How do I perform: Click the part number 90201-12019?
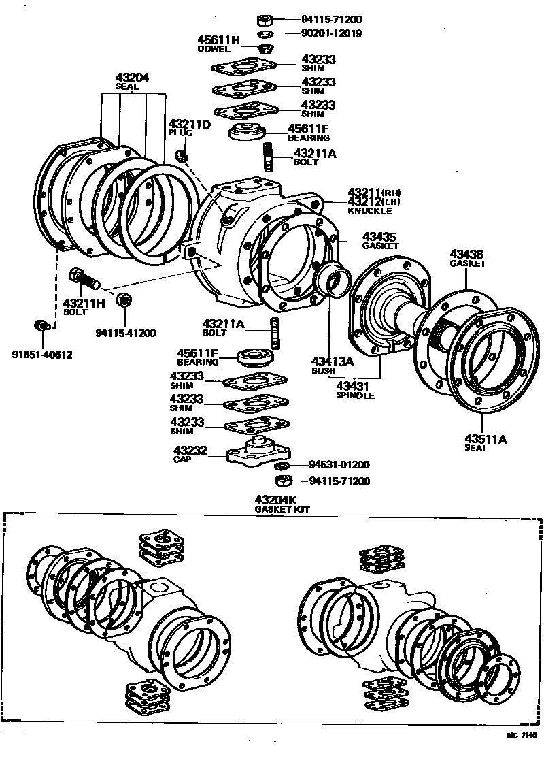click(333, 33)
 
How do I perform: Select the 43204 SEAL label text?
click(132, 82)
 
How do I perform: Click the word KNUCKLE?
click(367, 212)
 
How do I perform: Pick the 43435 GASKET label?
click(379, 241)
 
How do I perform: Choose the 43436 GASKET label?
click(467, 258)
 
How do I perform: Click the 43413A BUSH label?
click(333, 366)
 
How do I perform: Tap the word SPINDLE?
click(355, 395)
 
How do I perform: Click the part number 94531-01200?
click(339, 465)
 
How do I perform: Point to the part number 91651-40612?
click(41, 354)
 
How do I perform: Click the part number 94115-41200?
click(126, 333)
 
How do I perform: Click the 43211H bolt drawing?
click(83, 278)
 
